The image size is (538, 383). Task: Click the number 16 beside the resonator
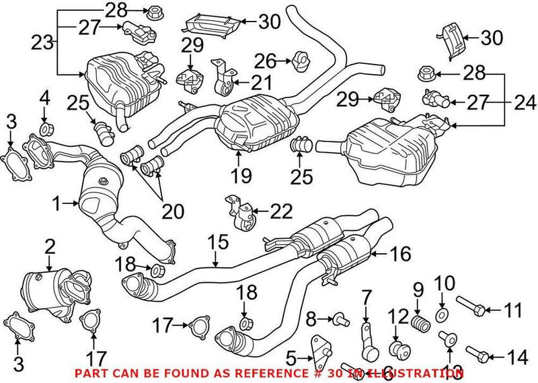pyautogui.click(x=399, y=254)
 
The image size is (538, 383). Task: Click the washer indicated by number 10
pyautogui.click(x=442, y=314)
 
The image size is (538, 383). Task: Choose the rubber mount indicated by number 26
pyautogui.click(x=300, y=62)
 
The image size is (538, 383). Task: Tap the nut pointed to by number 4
pyautogui.click(x=45, y=129)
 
